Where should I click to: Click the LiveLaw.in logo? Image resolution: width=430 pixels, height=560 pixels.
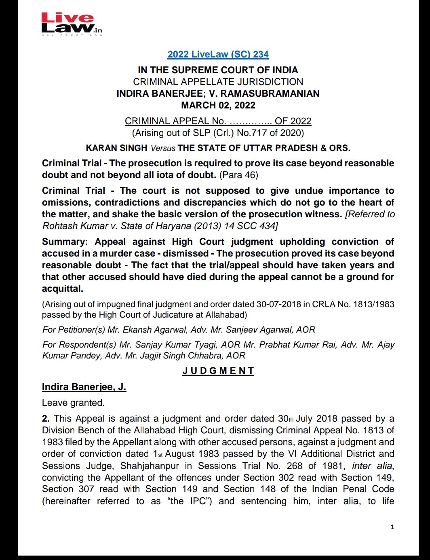point(72,24)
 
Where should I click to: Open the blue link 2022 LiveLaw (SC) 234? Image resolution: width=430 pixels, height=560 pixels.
point(218,54)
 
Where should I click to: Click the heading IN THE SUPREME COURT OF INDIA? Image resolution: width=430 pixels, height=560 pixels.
point(218,70)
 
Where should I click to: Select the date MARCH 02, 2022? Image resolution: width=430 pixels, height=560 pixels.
point(218,105)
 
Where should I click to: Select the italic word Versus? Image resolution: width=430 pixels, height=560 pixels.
point(163,148)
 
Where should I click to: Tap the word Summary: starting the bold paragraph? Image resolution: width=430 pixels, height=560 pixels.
point(65,242)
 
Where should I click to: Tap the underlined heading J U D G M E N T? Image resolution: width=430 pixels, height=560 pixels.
point(218,371)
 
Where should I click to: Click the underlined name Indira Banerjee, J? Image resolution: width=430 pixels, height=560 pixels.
point(84,387)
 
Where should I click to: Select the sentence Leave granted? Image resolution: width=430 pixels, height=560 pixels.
point(73,403)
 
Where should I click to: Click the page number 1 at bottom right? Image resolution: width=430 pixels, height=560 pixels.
point(392,527)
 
